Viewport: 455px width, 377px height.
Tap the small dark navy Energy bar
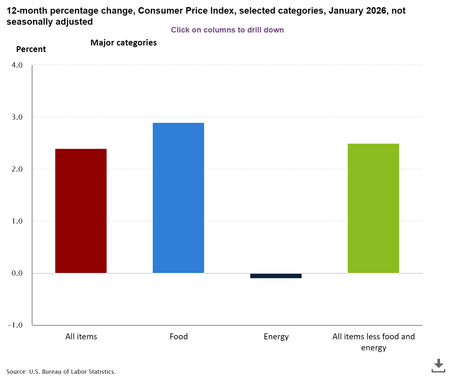click(276, 276)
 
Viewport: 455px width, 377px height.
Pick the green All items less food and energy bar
click(373, 208)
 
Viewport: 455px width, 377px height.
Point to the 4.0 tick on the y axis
click(17, 65)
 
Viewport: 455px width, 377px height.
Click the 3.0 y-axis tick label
click(17, 117)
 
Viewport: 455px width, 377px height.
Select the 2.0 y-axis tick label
click(17, 169)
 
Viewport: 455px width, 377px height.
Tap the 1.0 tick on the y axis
click(17, 221)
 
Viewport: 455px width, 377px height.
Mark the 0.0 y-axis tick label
click(17, 273)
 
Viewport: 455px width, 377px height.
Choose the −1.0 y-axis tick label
click(16, 325)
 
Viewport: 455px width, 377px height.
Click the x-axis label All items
click(81, 336)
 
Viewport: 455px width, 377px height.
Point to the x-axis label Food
click(178, 336)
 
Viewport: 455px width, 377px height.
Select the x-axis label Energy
click(276, 336)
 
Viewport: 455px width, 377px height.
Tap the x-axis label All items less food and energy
click(373, 342)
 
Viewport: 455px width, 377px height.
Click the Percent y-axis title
click(31, 49)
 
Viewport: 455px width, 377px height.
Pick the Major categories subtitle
click(123, 43)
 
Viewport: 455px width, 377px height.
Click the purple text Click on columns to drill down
click(227, 30)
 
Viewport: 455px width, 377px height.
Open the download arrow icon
click(438, 365)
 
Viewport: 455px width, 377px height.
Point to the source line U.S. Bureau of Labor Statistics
click(61, 371)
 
